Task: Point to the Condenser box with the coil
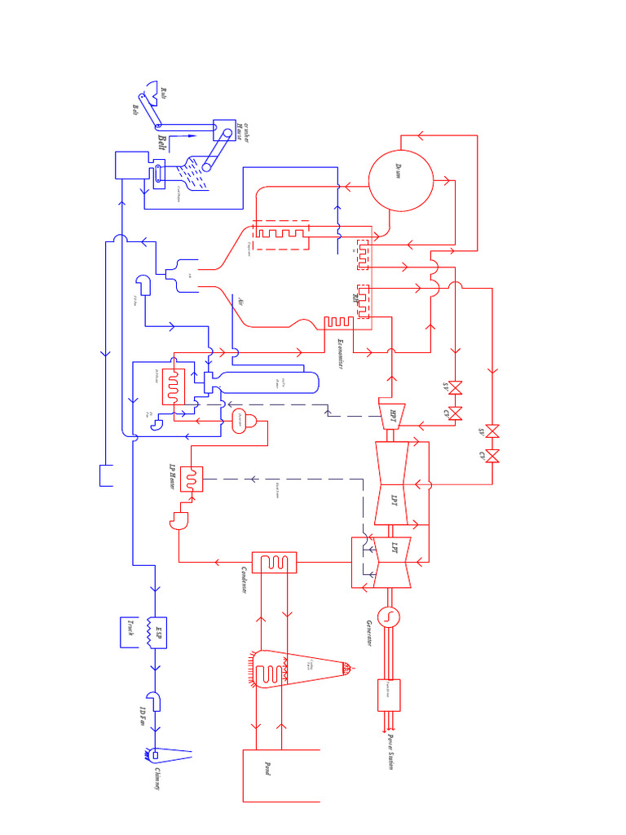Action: (275, 562)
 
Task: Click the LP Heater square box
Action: (192, 479)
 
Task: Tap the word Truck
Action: (130, 629)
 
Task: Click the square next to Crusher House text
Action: (223, 130)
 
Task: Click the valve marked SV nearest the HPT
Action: (456, 386)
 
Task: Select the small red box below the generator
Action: (388, 694)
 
